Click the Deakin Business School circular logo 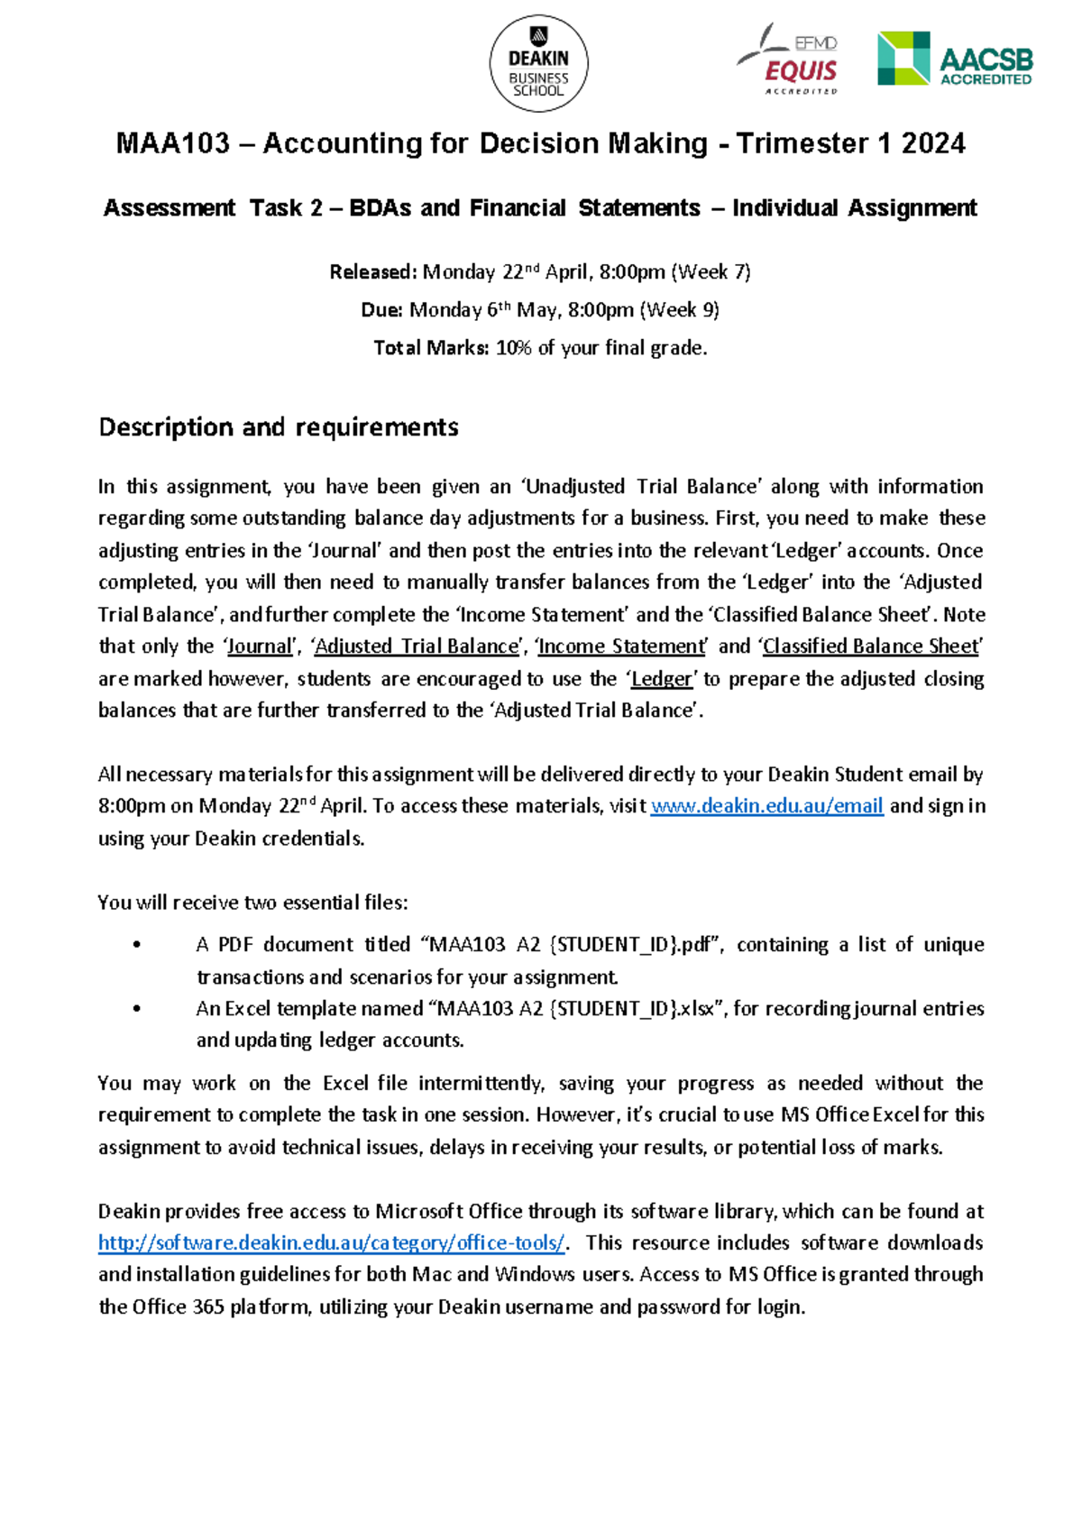538,64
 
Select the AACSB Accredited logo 956,60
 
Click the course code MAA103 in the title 173,143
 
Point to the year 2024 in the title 933,143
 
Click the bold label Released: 373,272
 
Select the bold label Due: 381,310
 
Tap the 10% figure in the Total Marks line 513,348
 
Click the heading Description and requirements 279,426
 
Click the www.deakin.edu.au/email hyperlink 766,806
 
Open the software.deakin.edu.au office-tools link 332,1243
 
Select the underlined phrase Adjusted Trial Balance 417,646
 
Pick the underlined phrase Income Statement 622,646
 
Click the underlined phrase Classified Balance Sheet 870,646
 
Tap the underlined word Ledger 662,679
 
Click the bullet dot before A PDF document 137,945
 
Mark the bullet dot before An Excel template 137,1009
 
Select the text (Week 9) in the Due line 679,310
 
